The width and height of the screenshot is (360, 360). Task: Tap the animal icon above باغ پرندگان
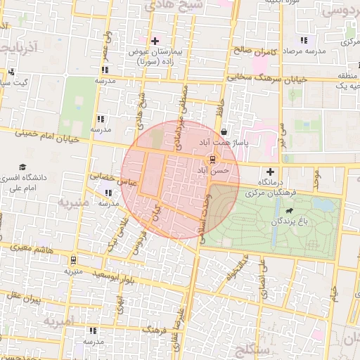click(289, 210)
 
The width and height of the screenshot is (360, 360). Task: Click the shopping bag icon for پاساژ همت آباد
click(224, 131)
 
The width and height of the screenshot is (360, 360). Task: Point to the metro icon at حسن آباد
click(213, 160)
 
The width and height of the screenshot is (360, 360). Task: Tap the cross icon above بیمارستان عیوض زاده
click(155, 41)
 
